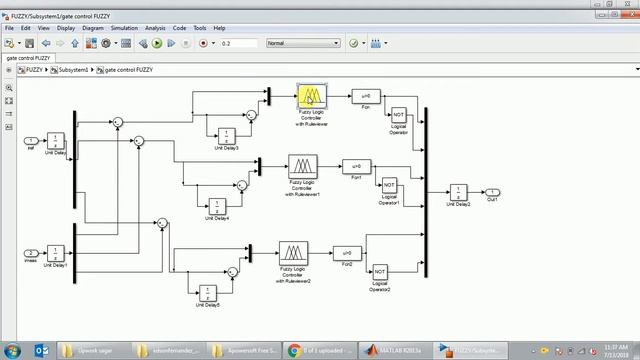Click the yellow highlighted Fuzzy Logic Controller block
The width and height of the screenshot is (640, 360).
point(311,96)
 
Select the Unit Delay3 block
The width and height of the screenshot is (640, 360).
point(225,135)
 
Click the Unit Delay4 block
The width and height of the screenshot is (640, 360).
point(217,205)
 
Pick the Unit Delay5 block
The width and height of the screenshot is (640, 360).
point(207,292)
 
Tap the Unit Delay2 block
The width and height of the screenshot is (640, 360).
point(459,192)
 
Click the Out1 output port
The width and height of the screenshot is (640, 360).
point(493,192)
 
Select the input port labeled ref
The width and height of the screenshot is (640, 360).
point(31,140)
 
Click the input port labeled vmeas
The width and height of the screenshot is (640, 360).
point(31,253)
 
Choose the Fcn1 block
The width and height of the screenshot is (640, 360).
point(356,166)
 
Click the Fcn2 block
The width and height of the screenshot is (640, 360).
point(346,252)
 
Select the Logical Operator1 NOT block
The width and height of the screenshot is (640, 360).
point(389,186)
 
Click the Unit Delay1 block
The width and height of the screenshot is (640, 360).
point(56,253)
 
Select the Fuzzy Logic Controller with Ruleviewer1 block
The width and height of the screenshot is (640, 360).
point(302,166)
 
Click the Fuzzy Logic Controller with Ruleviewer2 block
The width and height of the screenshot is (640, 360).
point(293,252)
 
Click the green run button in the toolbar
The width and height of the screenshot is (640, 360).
point(158,43)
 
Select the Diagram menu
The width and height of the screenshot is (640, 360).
point(93,28)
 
